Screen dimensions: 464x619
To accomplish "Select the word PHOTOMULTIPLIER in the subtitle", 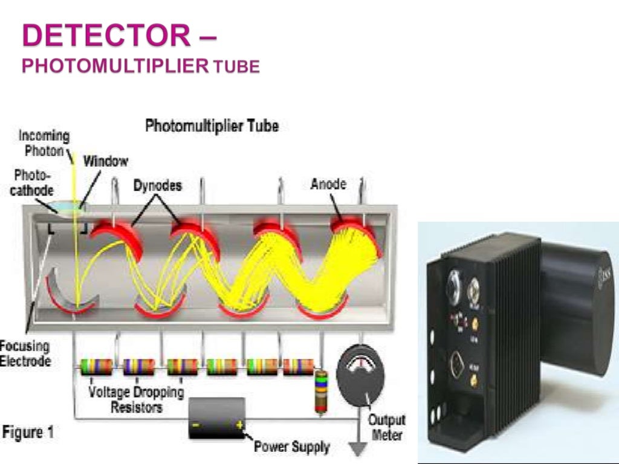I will tap(115, 66).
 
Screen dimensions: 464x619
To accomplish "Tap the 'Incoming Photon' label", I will tap(44, 143).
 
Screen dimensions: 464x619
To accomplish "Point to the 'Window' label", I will tap(106, 161).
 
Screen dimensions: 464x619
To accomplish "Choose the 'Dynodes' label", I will tap(157, 185).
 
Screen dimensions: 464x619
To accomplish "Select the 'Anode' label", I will tap(328, 184).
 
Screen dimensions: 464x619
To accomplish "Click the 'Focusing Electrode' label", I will tap(25, 354).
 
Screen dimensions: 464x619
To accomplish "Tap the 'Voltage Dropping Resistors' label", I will tap(136, 399).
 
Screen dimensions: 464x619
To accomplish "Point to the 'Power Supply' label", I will tap(291, 447).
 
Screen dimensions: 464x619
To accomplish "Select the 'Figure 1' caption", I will tap(28, 433).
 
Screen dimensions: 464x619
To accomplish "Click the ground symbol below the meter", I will tap(361, 450).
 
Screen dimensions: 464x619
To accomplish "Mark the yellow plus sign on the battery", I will tap(239, 425).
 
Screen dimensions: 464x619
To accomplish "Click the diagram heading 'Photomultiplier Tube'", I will tap(212, 126).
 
